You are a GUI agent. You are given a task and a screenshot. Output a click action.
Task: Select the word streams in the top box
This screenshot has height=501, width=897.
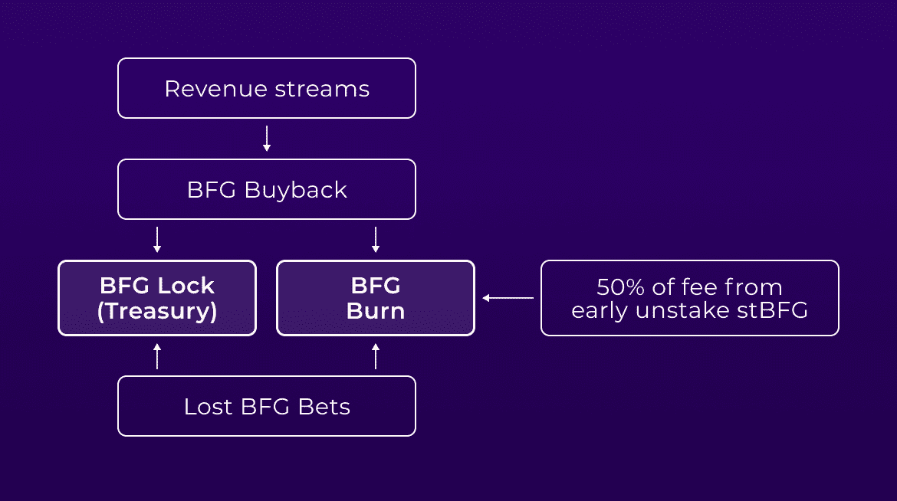[x=322, y=89]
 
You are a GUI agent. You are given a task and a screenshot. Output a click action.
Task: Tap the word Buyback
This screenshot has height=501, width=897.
[x=296, y=191]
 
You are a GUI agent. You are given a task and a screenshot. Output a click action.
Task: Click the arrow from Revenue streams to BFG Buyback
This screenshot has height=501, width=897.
[x=267, y=139]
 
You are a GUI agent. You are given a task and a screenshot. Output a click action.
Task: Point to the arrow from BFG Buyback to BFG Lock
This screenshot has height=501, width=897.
[x=157, y=240]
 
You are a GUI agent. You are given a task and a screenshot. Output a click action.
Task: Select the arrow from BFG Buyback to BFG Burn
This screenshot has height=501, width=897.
[x=375, y=240]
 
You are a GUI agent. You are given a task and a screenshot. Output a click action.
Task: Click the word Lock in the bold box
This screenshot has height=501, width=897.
[x=186, y=286]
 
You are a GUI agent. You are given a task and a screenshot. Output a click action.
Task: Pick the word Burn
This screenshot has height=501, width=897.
[x=375, y=311]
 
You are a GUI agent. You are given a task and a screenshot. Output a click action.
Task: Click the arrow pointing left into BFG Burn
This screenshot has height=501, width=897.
[x=508, y=298]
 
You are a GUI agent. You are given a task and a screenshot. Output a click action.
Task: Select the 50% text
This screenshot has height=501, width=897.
[x=621, y=287]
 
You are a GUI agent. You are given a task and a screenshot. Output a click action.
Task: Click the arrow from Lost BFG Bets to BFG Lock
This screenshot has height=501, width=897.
[x=157, y=355]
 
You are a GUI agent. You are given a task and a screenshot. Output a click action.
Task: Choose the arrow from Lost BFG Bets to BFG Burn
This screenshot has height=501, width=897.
[x=375, y=355]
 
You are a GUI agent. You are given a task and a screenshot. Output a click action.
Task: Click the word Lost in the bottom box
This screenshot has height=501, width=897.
[x=209, y=407]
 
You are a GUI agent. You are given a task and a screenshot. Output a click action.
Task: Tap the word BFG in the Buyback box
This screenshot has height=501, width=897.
[x=211, y=190]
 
